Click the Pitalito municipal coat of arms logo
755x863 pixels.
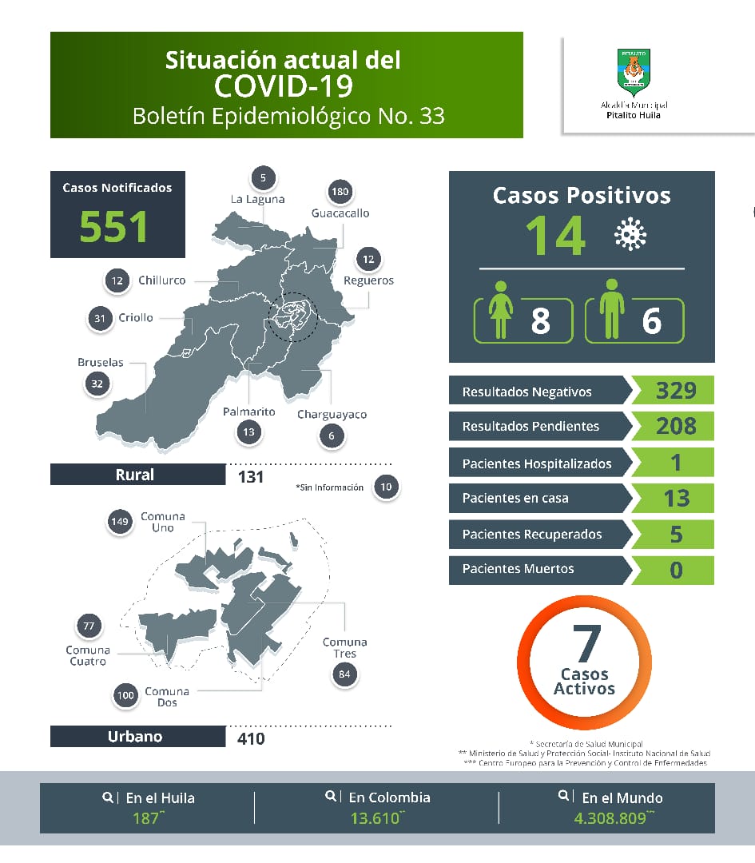point(634,73)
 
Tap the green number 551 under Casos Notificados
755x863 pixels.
point(114,226)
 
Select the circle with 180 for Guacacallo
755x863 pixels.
point(340,192)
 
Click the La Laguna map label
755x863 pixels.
point(257,199)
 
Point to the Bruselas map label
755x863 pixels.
point(101,362)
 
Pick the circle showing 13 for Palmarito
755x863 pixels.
point(249,432)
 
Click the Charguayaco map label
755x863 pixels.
point(332,415)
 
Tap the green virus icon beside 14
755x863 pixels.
point(630,234)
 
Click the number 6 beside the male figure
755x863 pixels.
point(652,321)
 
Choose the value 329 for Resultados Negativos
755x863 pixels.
point(676,391)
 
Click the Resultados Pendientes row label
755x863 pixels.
point(530,427)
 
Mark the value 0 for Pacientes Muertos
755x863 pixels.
point(677,570)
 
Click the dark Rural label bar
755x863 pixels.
point(137,475)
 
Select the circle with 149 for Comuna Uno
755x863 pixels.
point(120,523)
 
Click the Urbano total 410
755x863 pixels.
point(251,738)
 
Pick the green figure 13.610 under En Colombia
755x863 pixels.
point(374,818)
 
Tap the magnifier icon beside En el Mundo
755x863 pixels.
point(565,796)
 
